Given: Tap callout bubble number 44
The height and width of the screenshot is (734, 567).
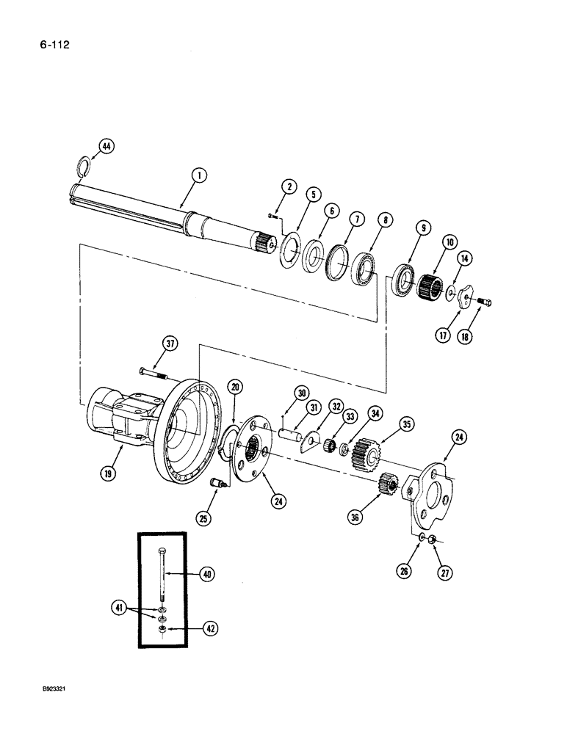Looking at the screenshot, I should pyautogui.click(x=106, y=148).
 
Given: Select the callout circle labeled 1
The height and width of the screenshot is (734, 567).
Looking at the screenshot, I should pyautogui.click(x=198, y=175).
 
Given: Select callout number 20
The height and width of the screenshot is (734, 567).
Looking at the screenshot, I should pyautogui.click(x=235, y=387).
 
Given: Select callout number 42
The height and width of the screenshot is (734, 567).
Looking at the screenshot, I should pyautogui.click(x=211, y=628).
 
